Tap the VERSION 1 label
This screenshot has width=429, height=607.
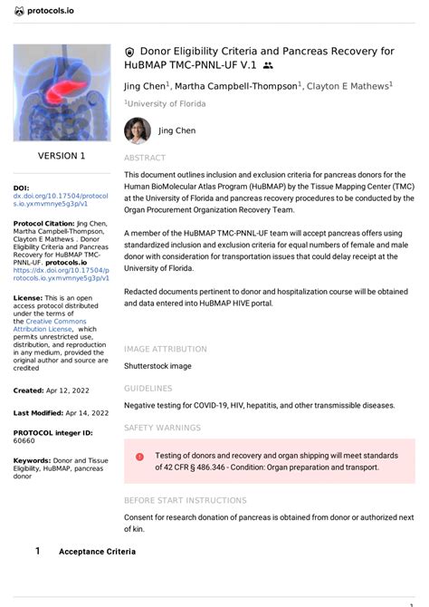click(62, 156)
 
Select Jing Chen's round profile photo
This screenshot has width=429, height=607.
click(137, 130)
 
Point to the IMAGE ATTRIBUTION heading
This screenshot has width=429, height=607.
click(165, 349)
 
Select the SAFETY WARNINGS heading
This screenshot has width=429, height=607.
click(162, 427)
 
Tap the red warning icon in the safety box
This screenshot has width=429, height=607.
click(139, 457)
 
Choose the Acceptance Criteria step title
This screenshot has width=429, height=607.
click(97, 551)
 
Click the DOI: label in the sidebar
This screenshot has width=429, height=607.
click(22, 188)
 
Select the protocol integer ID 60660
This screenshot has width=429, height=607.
click(24, 441)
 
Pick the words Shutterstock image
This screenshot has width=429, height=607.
click(157, 366)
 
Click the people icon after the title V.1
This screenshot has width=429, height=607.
click(268, 66)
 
